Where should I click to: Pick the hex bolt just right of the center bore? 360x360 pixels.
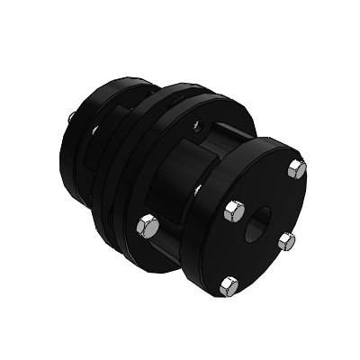click(287, 239)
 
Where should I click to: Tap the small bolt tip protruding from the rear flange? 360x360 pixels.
click(71, 115)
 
